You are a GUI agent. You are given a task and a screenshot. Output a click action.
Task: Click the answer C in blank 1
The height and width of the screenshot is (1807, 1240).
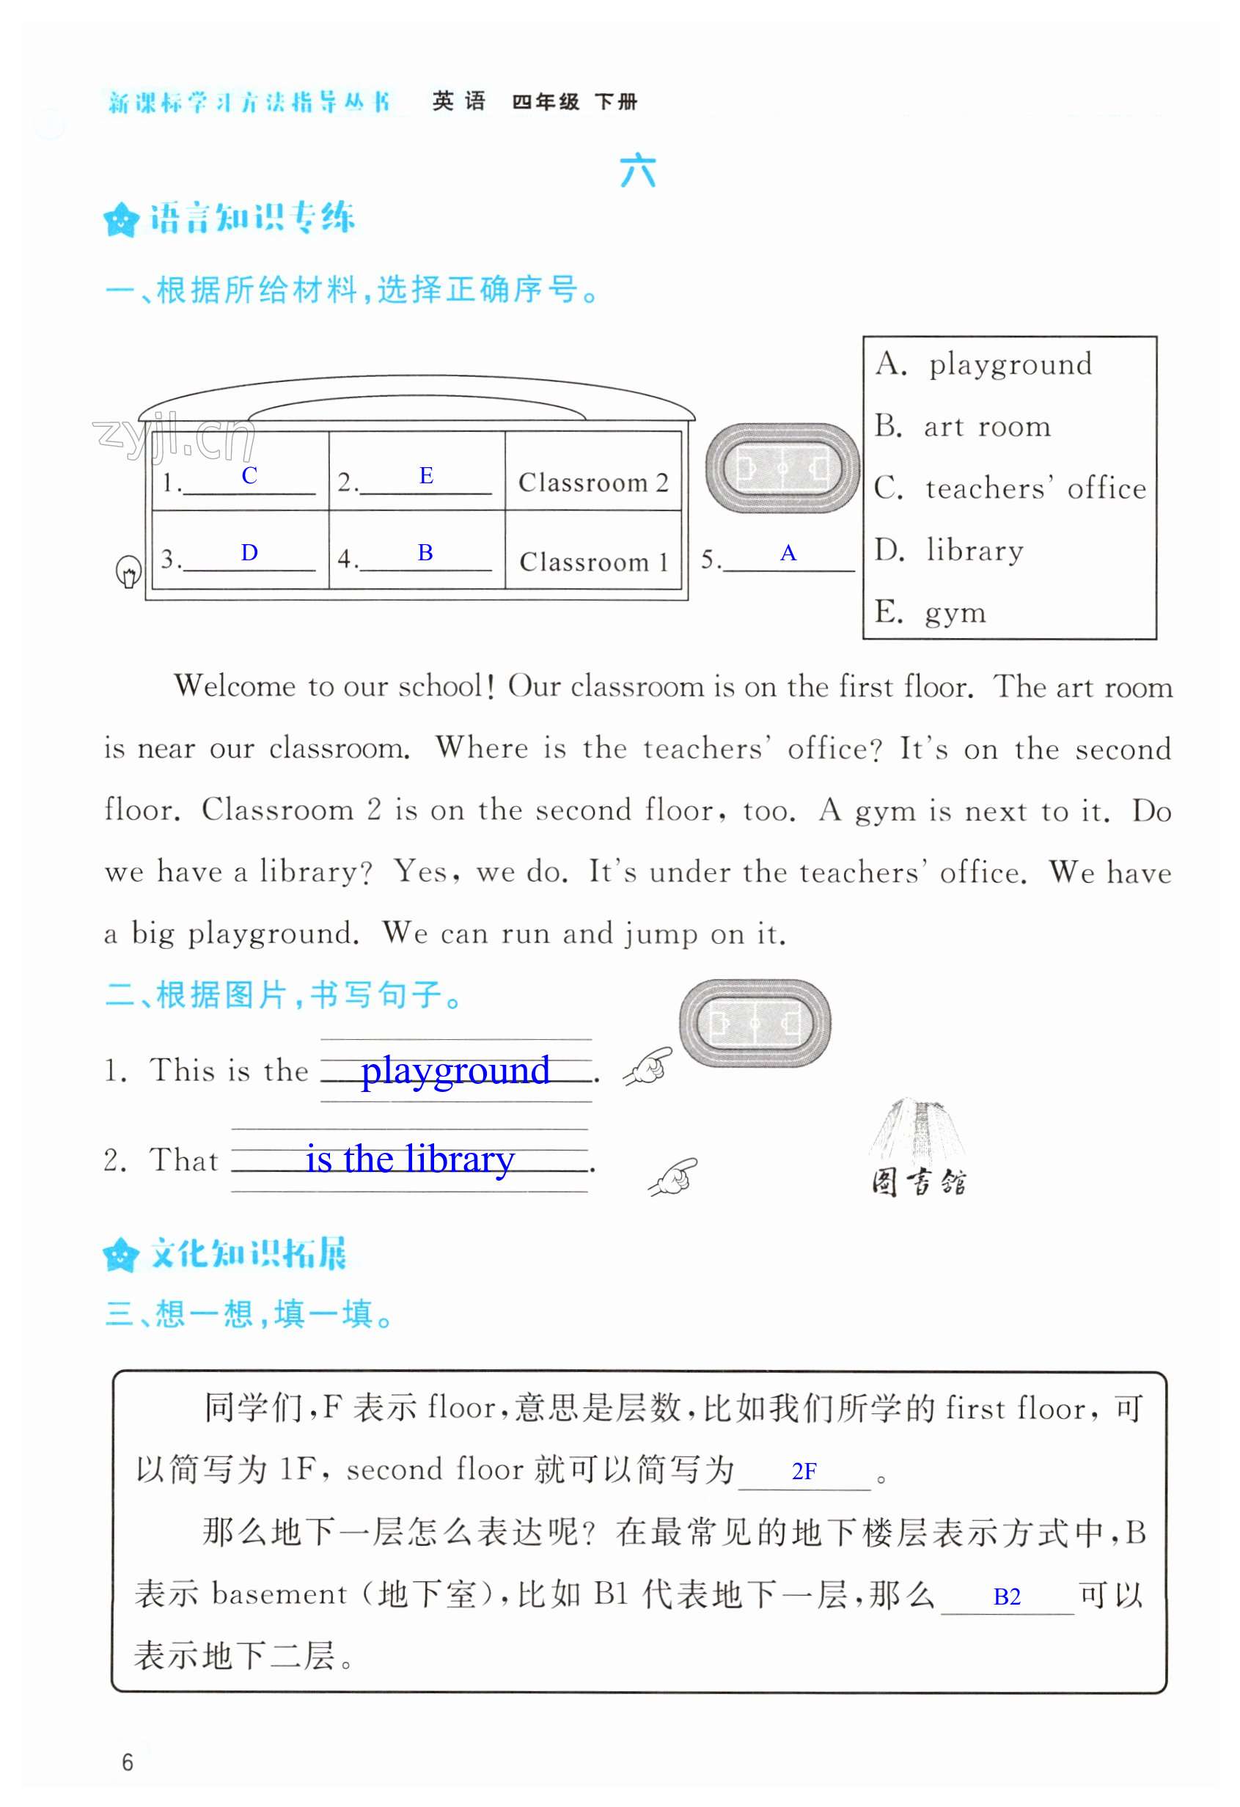(249, 475)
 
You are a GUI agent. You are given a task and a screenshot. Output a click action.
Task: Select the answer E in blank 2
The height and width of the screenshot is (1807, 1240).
(426, 475)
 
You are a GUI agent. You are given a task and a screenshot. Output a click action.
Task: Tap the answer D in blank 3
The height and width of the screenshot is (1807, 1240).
(249, 552)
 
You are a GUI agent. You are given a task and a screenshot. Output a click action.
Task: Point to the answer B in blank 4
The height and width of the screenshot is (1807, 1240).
(425, 552)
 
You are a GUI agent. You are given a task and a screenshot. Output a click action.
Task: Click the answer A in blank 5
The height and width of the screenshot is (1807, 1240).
(788, 553)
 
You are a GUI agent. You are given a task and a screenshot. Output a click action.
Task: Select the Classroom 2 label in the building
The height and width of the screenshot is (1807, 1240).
(593, 483)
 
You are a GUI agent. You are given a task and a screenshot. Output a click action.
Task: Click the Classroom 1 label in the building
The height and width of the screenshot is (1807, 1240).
(593, 561)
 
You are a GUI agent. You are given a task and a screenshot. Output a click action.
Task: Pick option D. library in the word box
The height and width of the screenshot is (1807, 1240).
(948, 550)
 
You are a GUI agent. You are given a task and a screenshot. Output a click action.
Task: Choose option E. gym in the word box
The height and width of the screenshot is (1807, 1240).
(930, 612)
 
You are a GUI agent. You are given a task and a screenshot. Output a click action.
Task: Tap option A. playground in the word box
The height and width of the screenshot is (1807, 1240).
(983, 364)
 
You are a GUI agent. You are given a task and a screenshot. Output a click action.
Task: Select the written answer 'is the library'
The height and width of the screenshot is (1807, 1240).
(410, 1159)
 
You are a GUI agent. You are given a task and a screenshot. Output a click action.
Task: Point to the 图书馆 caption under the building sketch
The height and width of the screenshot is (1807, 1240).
(918, 1183)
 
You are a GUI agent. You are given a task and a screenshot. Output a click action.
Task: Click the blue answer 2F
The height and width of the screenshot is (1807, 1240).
(804, 1471)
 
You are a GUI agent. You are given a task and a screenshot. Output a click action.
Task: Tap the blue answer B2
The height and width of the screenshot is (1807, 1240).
(1007, 1597)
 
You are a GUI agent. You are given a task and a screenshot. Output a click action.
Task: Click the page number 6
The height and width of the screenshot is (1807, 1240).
(128, 1762)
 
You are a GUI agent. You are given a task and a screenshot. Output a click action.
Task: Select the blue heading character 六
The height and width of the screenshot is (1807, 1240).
(637, 170)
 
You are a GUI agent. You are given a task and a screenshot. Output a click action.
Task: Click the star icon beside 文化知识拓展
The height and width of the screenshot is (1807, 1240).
(120, 1254)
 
